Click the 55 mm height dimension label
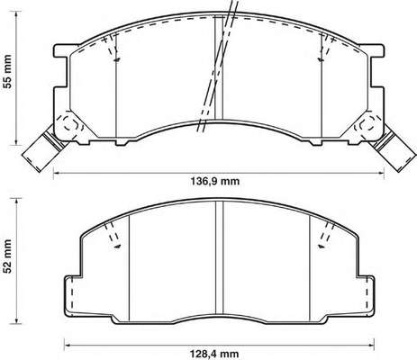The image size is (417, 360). click(x=8, y=71)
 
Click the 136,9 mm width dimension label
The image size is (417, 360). click(x=215, y=181)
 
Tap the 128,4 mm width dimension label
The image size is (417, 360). click(x=214, y=354)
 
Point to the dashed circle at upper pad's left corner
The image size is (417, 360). click(x=72, y=126)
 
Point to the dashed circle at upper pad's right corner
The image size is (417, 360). click(x=366, y=126)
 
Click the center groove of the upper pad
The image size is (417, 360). click(x=219, y=67)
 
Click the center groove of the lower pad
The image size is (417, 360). click(x=220, y=260)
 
